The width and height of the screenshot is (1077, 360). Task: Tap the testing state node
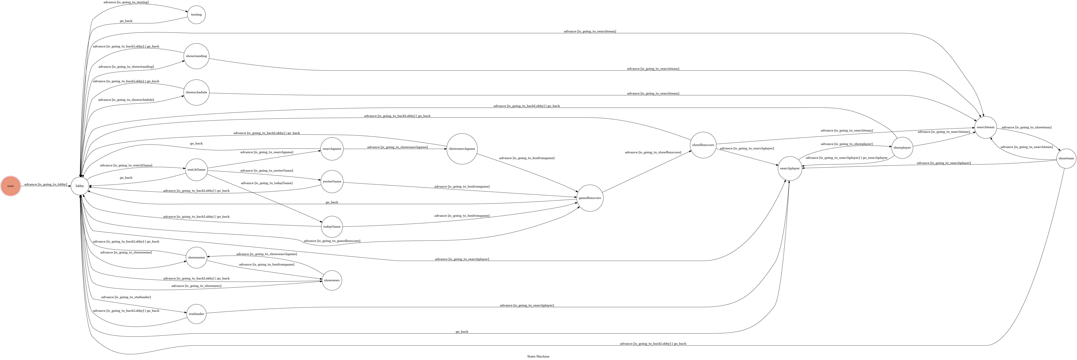196,15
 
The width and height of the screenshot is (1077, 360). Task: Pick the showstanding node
196,56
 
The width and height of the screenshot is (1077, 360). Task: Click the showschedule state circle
196,92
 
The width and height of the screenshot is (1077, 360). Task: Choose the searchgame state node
332,149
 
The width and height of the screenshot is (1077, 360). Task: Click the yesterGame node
332,182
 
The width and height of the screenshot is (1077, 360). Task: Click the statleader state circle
196,314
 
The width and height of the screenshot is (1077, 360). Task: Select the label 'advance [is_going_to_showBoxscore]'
653,153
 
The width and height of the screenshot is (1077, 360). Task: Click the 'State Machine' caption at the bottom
538,356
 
